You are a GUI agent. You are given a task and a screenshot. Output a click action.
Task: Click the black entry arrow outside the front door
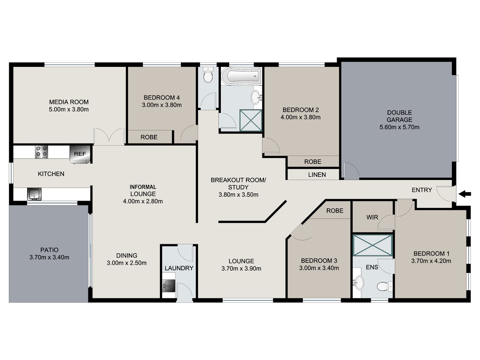pyautogui.click(x=465, y=194)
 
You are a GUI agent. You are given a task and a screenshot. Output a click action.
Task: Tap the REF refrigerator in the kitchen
pyautogui.click(x=80, y=154)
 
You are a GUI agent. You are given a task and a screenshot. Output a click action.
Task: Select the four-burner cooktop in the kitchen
pyautogui.click(x=42, y=152)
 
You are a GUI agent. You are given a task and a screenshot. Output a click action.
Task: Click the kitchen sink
pyautogui.click(x=34, y=194)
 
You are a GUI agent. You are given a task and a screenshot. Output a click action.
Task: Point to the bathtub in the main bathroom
pyautogui.click(x=241, y=76)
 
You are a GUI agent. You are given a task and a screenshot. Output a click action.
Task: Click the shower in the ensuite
pyautogui.click(x=373, y=245)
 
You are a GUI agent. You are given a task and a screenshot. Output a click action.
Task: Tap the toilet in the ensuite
pyautogui.click(x=385, y=286)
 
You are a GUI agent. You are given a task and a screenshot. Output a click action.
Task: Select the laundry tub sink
pyautogui.click(x=169, y=285)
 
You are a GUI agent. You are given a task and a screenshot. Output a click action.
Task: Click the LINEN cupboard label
pyautogui.click(x=317, y=175)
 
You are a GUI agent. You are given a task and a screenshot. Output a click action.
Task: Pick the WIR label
pyautogui.click(x=372, y=217)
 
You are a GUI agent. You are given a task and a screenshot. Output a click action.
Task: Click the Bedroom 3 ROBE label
pyautogui.click(x=335, y=211)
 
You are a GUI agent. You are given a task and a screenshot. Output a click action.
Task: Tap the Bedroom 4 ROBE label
pyautogui.click(x=149, y=137)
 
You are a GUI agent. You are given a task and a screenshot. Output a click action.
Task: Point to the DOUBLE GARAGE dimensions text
pyautogui.click(x=399, y=127)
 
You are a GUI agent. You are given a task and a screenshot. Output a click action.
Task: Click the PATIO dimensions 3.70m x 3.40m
pyautogui.click(x=50, y=257)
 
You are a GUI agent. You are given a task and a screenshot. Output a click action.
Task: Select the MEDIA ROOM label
pyautogui.click(x=69, y=102)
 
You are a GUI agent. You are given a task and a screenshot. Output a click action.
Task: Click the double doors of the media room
pyautogui.click(x=109, y=136)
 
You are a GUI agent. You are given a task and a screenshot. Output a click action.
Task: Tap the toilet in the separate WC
pyautogui.click(x=208, y=75)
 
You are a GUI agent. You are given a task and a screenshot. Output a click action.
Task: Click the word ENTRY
pyautogui.click(x=422, y=190)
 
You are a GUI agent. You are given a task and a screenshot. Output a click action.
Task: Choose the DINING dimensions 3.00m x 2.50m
pyautogui.click(x=127, y=263)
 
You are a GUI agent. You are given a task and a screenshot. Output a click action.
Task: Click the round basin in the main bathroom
pyautogui.click(x=255, y=97)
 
